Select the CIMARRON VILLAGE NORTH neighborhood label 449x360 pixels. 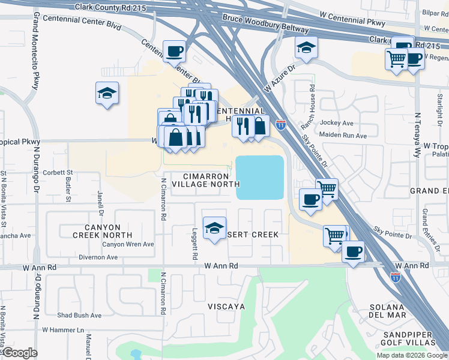204,179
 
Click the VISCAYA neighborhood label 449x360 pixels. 226,306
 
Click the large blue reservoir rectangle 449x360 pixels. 260,178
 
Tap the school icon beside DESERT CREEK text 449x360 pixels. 214,228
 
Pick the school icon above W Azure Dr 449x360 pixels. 306,47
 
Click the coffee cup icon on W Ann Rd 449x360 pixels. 354,251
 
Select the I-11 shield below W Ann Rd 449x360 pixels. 395,277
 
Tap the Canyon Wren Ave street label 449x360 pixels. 128,244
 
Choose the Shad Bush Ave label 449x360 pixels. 79,315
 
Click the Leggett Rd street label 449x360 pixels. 195,247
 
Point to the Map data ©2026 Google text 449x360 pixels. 411,355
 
